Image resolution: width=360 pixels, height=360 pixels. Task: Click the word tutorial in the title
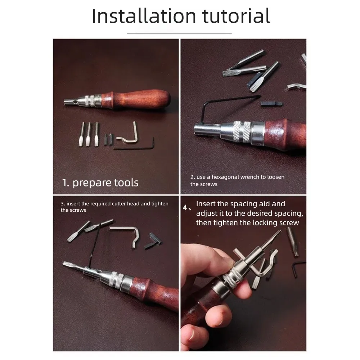tap(236, 16)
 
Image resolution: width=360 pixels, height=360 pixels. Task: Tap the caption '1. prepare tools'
tap(100, 183)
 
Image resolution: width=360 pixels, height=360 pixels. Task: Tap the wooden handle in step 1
tap(135, 99)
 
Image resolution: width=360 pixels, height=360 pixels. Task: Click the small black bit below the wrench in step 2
tap(271, 104)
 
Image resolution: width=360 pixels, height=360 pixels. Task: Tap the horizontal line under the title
tap(179, 34)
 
